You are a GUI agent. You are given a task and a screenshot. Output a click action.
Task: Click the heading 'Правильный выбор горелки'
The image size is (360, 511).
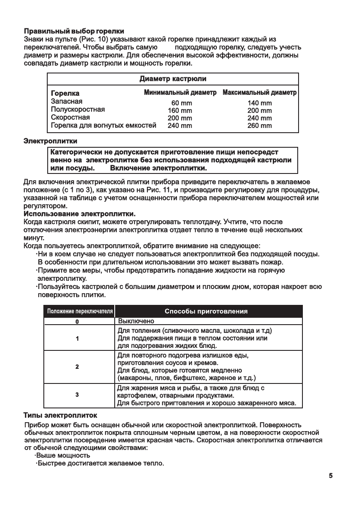(74, 31)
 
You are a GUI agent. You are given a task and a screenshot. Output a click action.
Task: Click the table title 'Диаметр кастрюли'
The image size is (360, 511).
(173, 79)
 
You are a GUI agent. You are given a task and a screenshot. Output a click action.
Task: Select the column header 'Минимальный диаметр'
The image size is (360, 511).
(180, 93)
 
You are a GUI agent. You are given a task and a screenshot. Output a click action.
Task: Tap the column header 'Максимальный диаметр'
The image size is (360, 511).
(259, 93)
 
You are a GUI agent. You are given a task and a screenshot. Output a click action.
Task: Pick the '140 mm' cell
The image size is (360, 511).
(260, 103)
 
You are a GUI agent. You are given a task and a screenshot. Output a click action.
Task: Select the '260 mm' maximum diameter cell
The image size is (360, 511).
(260, 126)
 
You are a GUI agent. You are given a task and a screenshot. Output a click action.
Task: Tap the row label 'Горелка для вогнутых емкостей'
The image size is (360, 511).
(103, 126)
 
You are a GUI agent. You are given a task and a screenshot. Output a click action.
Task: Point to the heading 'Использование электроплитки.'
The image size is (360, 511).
(80, 213)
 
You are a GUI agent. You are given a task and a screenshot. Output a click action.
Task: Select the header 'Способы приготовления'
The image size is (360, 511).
(206, 311)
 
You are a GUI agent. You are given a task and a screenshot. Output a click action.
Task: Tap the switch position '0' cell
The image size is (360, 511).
(77, 321)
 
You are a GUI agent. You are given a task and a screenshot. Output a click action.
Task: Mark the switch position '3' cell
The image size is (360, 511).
(77, 395)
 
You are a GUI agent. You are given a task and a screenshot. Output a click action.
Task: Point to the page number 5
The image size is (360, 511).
(331, 475)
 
